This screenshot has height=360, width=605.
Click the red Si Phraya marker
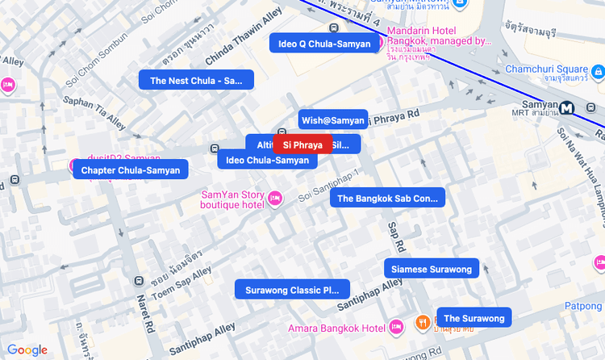(x=302, y=144)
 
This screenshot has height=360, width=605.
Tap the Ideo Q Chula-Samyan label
(x=323, y=44)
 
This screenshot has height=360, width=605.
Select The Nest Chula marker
(x=196, y=80)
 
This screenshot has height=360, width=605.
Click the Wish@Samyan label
(x=332, y=119)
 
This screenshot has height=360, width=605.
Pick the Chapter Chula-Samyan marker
(x=131, y=170)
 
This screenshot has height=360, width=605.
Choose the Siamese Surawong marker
(x=431, y=268)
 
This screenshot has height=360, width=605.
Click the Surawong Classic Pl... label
(x=292, y=289)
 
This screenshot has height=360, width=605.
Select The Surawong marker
(x=474, y=318)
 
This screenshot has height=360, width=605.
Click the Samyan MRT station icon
(x=567, y=107)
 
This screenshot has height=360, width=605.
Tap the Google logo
(x=27, y=350)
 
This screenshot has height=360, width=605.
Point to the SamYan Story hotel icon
(x=275, y=199)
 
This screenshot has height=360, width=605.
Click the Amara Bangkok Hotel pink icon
(x=396, y=327)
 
